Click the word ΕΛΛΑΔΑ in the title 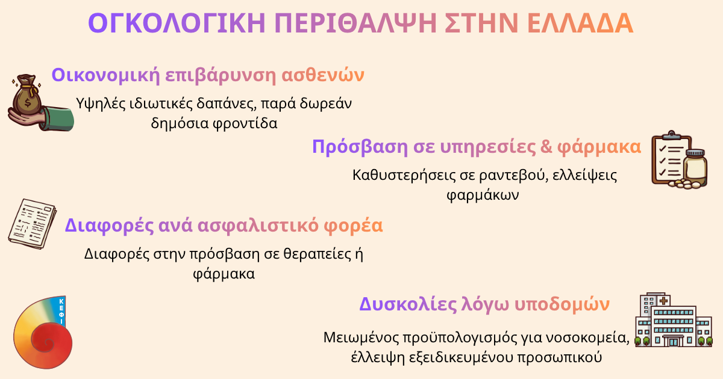pos(580,23)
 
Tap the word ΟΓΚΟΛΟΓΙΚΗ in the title pos(177,23)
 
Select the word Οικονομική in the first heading pos(105,75)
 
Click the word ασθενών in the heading pos(323,75)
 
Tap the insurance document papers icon pos(33,224)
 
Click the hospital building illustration pos(674,320)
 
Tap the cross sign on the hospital pos(663,301)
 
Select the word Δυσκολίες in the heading pos(407,304)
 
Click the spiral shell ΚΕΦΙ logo pos(43,332)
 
